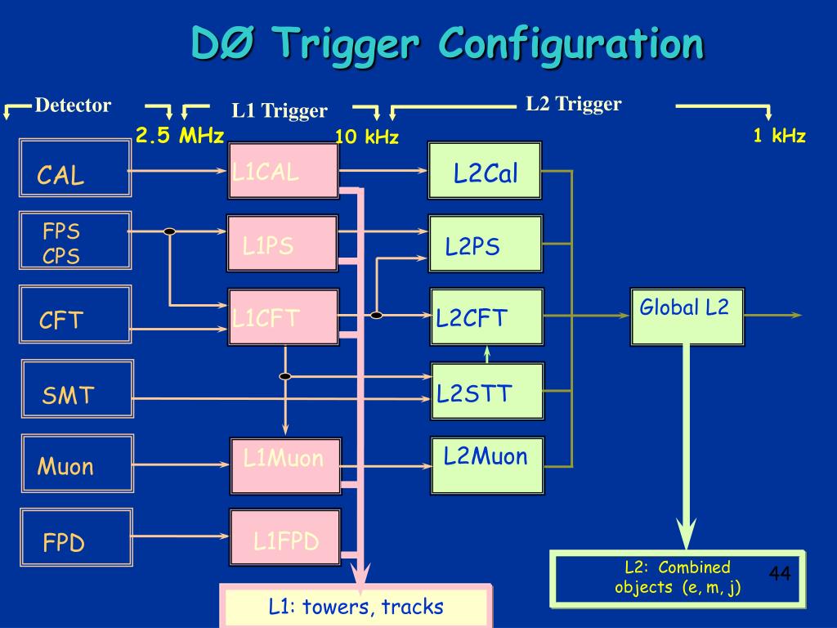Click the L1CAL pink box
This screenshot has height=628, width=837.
pyautogui.click(x=284, y=171)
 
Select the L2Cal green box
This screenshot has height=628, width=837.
pyautogui.click(x=485, y=171)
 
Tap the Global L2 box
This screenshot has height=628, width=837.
pyautogui.click(x=687, y=316)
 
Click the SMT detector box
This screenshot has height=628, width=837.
pyautogui.click(x=78, y=388)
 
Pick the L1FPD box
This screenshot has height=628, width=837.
pyautogui.click(x=285, y=536)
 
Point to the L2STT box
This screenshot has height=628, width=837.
pyautogui.click(x=487, y=392)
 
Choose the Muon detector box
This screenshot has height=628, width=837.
pyautogui.click(x=78, y=463)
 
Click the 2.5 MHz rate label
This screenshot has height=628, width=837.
pyautogui.click(x=179, y=135)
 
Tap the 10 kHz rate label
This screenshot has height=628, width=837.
pyautogui.click(x=367, y=137)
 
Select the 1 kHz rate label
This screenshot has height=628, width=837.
pyautogui.click(x=779, y=135)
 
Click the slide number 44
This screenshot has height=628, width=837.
pyautogui.click(x=779, y=573)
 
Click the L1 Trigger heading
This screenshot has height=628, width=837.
pyautogui.click(x=280, y=110)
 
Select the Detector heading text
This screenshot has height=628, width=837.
pyautogui.click(x=73, y=105)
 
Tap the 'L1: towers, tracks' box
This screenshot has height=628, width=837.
pyautogui.click(x=356, y=606)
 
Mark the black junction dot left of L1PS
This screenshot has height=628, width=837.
pyautogui.click(x=170, y=231)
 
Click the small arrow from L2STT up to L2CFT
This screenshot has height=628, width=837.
pyautogui.click(x=487, y=355)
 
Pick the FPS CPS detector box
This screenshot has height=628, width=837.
pyautogui.click(x=75, y=240)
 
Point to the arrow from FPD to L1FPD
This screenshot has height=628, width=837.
pyautogui.click(x=180, y=536)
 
